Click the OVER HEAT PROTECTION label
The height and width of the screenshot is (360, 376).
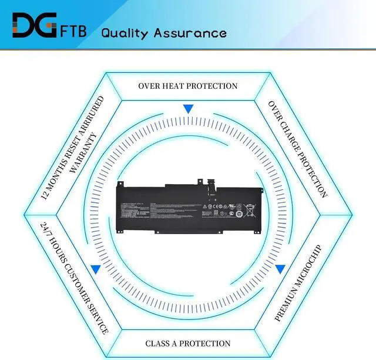pos(188,86)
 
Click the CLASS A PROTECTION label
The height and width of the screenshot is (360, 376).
pos(188,343)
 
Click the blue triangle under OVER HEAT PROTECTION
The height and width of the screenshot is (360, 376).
pos(188,109)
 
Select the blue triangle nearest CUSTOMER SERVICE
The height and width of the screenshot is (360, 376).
pos(95,269)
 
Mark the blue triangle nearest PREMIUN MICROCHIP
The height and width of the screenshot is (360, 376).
pos(280,269)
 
